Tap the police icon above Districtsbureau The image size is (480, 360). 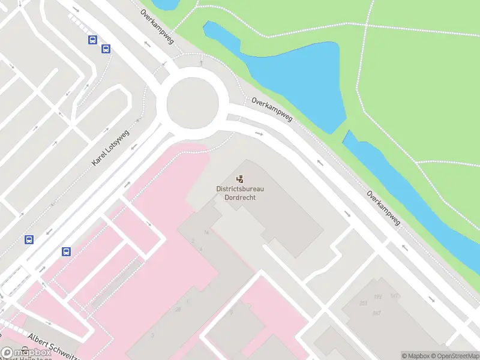point(240,178)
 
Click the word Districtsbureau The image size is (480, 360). point(240,189)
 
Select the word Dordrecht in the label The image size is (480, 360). point(240,197)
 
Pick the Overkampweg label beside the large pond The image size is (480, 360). point(272,109)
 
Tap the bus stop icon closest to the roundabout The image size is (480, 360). point(106,49)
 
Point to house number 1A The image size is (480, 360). point(206,233)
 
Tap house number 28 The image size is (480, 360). point(178,309)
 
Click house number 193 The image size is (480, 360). point(378,296)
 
